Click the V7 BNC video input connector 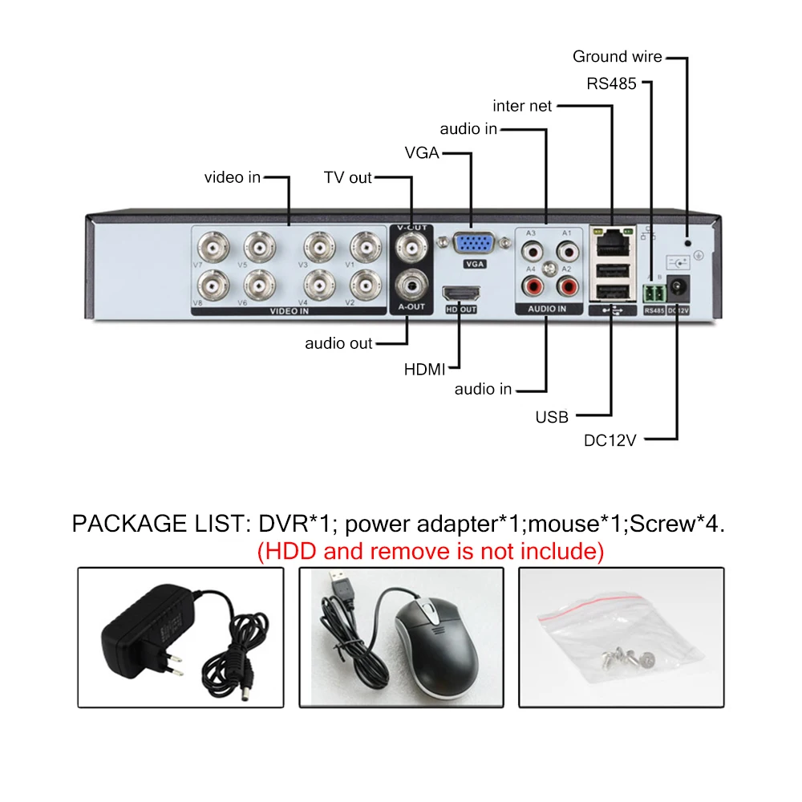point(215,248)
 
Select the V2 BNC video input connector point(366,285)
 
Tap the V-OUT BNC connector point(412,247)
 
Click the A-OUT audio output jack point(412,284)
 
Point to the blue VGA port point(476,244)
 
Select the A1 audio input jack point(568,250)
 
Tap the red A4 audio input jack point(532,284)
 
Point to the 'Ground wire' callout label point(617,57)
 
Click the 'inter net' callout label point(522,106)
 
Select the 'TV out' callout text point(348,177)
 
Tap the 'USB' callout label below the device point(552,417)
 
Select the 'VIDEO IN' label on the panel point(290,311)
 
